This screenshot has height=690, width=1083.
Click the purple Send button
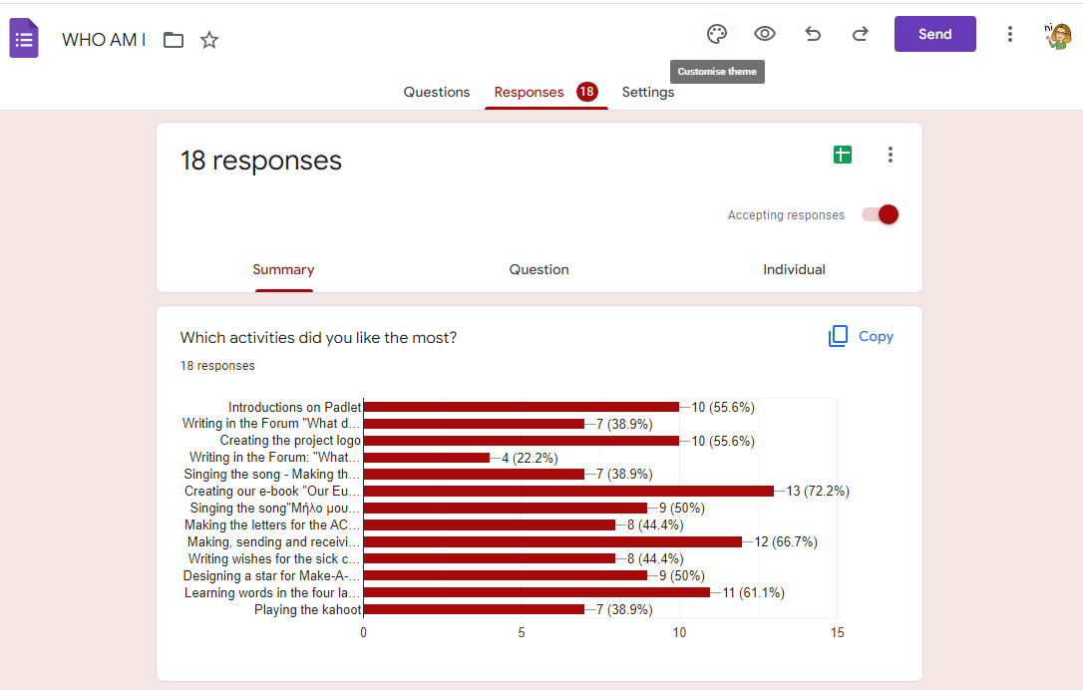click(934, 34)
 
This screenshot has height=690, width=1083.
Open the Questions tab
click(436, 92)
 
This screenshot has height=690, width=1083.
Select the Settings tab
click(648, 92)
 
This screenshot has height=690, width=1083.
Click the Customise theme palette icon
click(717, 34)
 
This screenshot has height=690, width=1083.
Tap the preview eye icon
click(765, 34)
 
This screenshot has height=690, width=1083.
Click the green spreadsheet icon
click(843, 155)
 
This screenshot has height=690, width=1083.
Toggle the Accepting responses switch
click(881, 214)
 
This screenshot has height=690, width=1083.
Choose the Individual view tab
click(794, 269)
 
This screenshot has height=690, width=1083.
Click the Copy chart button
click(862, 337)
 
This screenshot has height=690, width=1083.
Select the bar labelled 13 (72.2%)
click(568, 492)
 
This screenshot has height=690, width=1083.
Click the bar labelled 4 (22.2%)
click(427, 458)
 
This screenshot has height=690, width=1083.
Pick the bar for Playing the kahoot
click(474, 609)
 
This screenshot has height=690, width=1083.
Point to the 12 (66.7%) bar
click(553, 542)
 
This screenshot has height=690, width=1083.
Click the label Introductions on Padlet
click(294, 408)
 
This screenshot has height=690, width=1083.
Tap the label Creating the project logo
click(290, 441)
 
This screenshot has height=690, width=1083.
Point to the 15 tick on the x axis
click(837, 633)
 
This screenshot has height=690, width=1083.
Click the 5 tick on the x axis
click(522, 633)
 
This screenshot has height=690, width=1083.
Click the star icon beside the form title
click(209, 40)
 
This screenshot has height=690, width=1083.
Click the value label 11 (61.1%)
click(753, 593)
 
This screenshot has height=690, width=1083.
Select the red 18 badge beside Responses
click(586, 92)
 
